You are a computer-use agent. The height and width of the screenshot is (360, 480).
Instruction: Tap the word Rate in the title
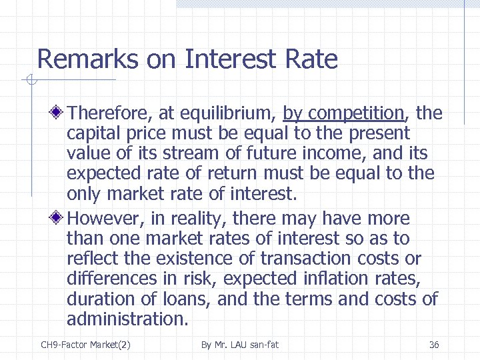tap(311, 60)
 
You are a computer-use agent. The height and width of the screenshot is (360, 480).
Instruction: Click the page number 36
tap(434, 345)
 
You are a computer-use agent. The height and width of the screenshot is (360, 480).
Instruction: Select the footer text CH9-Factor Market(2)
tap(86, 345)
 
